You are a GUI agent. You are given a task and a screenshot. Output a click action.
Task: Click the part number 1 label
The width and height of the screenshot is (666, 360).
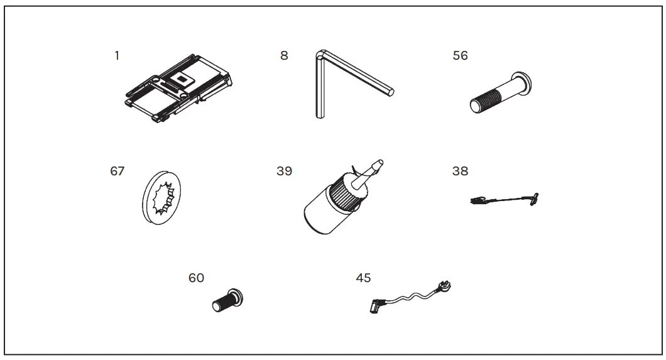(117, 55)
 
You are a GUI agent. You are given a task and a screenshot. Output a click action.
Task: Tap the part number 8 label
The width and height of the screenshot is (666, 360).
(284, 55)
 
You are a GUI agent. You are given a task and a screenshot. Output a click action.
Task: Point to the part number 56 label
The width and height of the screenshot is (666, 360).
(460, 55)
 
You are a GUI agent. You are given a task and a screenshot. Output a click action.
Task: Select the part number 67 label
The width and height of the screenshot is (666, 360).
(117, 171)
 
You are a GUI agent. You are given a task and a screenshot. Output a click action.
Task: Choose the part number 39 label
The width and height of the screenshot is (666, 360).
(284, 171)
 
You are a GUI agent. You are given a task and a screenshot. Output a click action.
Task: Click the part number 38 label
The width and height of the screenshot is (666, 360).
(460, 171)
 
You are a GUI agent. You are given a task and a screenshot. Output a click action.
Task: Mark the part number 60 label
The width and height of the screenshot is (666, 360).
(196, 278)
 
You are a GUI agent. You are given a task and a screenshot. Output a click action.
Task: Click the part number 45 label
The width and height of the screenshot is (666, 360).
(363, 278)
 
